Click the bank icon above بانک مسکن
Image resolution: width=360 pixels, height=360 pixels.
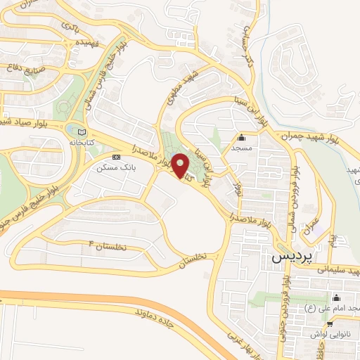coord(116,157)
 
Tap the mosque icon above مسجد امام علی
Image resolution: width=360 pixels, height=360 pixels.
coord(335,297)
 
